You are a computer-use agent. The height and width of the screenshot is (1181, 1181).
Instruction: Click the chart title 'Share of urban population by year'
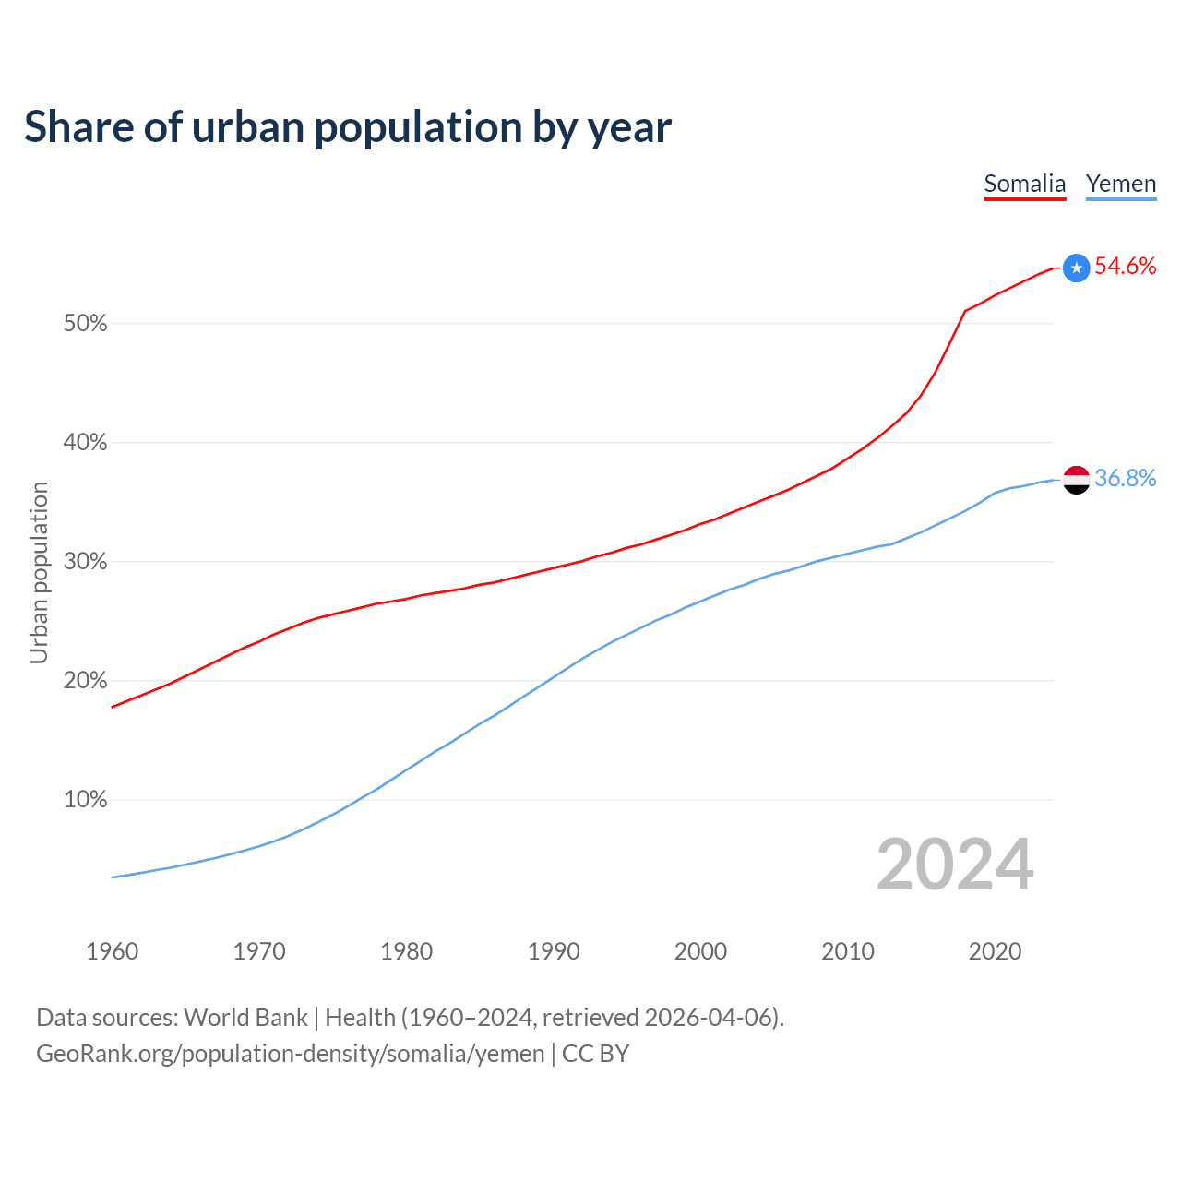(348, 127)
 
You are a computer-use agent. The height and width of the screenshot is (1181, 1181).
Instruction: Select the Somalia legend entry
(1024, 184)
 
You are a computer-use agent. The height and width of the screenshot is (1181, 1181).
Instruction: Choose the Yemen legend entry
(1120, 184)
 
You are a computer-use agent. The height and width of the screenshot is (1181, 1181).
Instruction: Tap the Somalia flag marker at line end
(1076, 268)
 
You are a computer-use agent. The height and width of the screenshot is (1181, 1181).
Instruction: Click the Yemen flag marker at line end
(1076, 480)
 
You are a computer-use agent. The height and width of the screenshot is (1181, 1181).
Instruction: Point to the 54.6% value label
(1125, 267)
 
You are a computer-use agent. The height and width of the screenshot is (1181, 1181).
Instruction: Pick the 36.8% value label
(1125, 478)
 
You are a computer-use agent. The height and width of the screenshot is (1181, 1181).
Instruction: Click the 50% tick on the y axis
(85, 324)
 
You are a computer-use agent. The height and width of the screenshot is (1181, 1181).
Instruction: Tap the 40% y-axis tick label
(85, 443)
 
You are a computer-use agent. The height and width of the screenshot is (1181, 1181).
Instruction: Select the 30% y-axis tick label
(85, 562)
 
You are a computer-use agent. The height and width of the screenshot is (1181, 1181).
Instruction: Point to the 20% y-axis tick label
(85, 681)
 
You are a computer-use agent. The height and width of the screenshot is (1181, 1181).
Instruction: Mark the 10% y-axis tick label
(85, 800)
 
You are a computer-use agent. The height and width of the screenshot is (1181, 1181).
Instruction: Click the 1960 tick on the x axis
(112, 951)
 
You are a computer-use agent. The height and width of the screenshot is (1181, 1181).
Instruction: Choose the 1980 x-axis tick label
(406, 951)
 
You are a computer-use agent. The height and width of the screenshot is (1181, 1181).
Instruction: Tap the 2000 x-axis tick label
(700, 951)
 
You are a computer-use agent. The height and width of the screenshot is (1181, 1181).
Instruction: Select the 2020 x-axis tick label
(995, 951)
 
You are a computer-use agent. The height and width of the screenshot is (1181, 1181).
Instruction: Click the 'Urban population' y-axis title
(39, 572)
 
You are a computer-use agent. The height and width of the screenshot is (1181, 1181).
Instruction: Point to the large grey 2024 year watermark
(954, 865)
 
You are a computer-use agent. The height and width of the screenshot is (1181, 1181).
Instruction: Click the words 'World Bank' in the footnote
(245, 1018)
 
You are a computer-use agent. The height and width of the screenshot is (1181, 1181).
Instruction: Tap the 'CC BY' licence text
(595, 1054)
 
